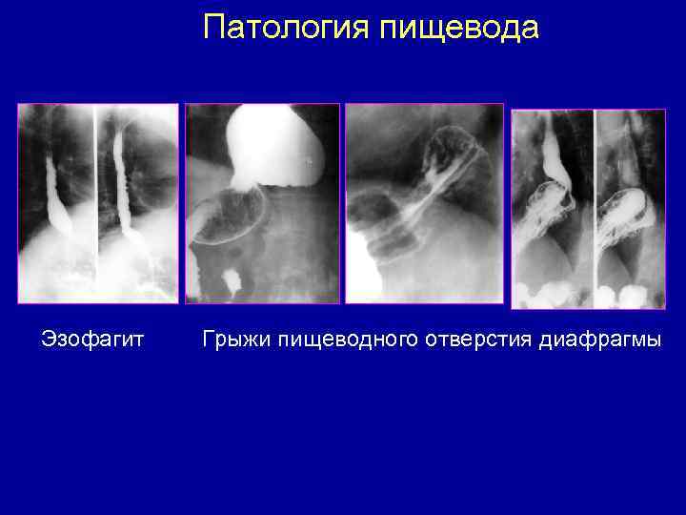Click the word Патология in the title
pyautogui.click(x=287, y=28)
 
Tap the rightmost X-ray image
pyautogui.click(x=588, y=209)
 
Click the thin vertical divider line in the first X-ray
pyautogui.click(x=94, y=191)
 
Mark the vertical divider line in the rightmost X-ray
pyautogui.click(x=594, y=191)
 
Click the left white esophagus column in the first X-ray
pyautogui.click(x=54, y=191)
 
